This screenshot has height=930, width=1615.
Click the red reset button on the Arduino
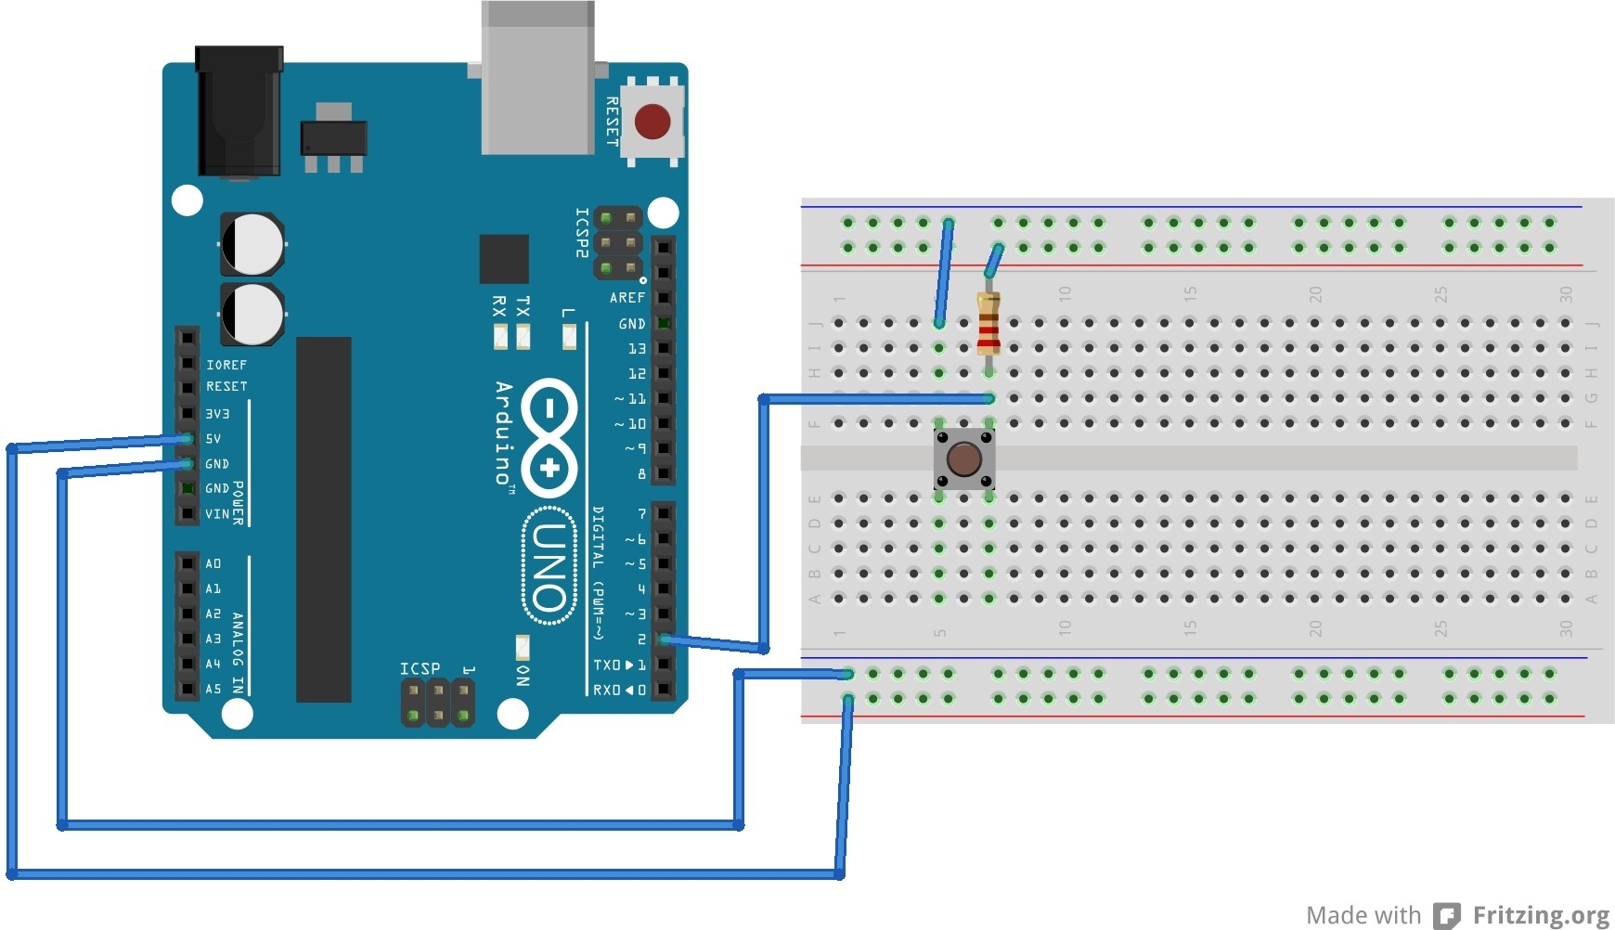[652, 122]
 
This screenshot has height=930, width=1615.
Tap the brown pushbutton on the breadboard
[964, 459]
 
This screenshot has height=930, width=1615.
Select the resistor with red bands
[988, 324]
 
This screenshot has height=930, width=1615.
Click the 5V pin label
[213, 439]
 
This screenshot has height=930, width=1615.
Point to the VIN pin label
[216, 514]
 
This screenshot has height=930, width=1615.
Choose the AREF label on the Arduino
[627, 298]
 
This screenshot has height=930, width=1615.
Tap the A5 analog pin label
[213, 690]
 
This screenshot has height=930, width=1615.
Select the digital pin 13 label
[637, 349]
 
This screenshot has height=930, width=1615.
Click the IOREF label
[226, 365]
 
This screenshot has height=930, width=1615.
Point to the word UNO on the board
[549, 566]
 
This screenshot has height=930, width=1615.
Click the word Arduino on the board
[504, 433]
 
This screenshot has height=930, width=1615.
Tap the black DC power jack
[239, 111]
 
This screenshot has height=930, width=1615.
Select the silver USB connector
[538, 79]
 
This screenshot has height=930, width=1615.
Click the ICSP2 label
[582, 232]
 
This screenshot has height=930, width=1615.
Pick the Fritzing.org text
[1541, 915]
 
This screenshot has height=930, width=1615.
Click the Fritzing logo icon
[1446, 915]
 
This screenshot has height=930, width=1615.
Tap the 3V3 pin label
[217, 414]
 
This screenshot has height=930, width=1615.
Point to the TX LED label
[523, 306]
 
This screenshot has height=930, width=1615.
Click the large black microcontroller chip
[323, 520]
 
